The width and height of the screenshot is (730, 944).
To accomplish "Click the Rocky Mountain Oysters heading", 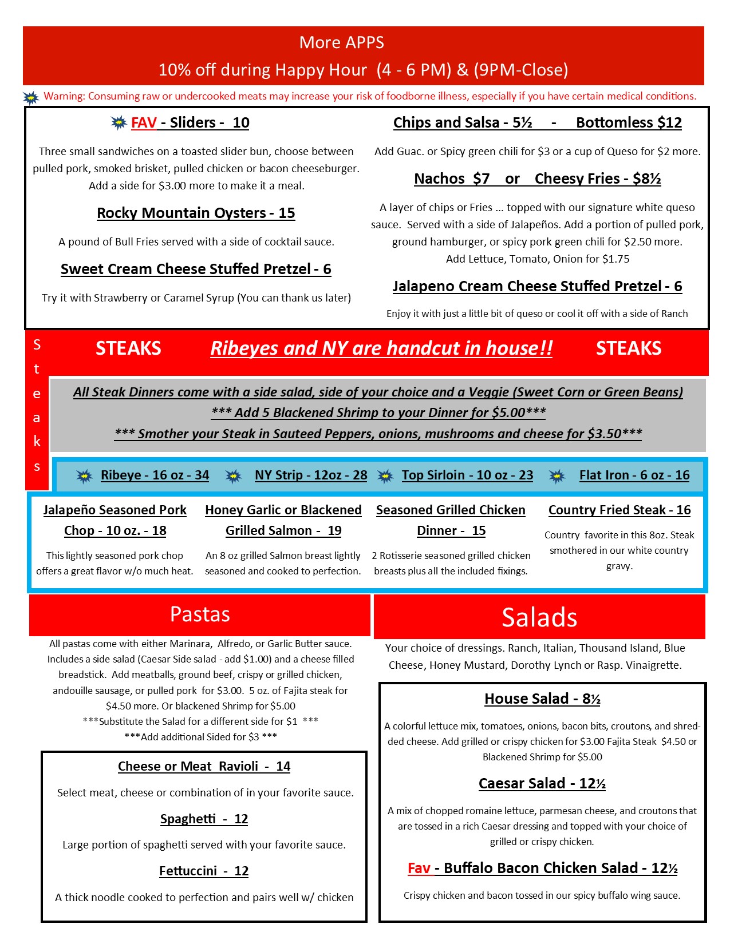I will pyautogui.click(x=196, y=213).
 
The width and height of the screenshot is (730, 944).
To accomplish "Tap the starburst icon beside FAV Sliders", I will pyautogui.click(x=119, y=122).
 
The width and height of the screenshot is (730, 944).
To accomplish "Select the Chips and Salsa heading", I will pyautogui.click(x=463, y=123).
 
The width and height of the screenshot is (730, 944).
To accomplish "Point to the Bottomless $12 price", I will pyautogui.click(x=629, y=123).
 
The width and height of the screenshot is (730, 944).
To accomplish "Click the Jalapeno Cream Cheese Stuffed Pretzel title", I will pyautogui.click(x=537, y=287).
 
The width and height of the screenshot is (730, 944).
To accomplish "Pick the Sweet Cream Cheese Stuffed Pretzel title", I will pyautogui.click(x=196, y=269).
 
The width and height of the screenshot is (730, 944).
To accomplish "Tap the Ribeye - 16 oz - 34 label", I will pyautogui.click(x=155, y=475).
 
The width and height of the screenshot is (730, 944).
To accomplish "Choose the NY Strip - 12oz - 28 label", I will pyautogui.click(x=311, y=475).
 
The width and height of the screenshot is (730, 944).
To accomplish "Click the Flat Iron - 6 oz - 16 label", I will pyautogui.click(x=634, y=475).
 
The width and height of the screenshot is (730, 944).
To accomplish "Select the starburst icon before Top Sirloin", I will pyautogui.click(x=385, y=476).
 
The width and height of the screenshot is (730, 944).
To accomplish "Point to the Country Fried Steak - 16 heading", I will pyautogui.click(x=619, y=510).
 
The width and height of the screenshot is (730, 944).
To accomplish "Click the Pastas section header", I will pyautogui.click(x=200, y=614).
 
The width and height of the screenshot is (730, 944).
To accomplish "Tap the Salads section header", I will pyautogui.click(x=539, y=617).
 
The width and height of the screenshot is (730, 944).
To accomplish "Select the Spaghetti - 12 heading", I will pyautogui.click(x=204, y=819).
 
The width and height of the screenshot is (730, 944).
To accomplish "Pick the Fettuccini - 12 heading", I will pyautogui.click(x=204, y=871).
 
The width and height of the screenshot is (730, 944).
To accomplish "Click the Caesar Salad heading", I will pyautogui.click(x=542, y=784).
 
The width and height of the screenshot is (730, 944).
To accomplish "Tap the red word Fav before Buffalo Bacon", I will pyautogui.click(x=419, y=868).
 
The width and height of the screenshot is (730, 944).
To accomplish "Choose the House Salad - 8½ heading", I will pyautogui.click(x=542, y=699).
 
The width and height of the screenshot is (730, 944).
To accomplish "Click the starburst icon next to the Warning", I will pyautogui.click(x=31, y=97).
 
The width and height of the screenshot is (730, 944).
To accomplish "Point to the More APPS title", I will pyautogui.click(x=342, y=43).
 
